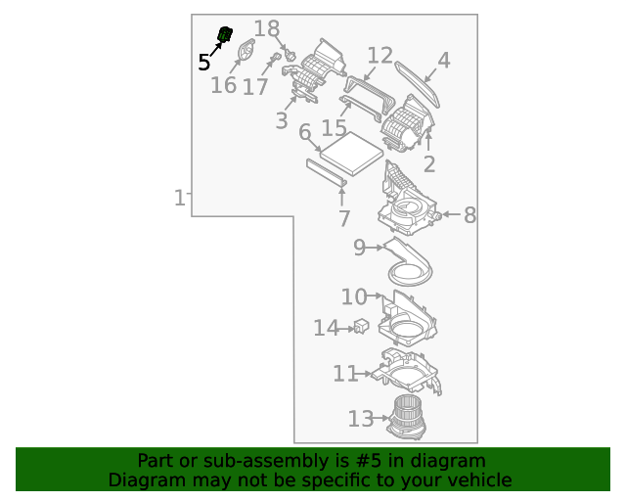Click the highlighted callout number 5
click(203, 63)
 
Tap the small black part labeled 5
click(225, 35)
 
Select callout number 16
click(223, 85)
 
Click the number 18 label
click(266, 29)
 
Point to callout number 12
click(380, 56)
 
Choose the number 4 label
click(443, 61)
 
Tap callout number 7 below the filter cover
click(343, 218)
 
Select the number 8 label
click(469, 215)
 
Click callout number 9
click(359, 249)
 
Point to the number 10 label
click(354, 296)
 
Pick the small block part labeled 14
click(361, 326)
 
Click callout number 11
click(345, 374)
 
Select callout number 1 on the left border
click(180, 199)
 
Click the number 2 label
click(428, 164)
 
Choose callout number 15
click(334, 128)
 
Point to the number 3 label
click(282, 121)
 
